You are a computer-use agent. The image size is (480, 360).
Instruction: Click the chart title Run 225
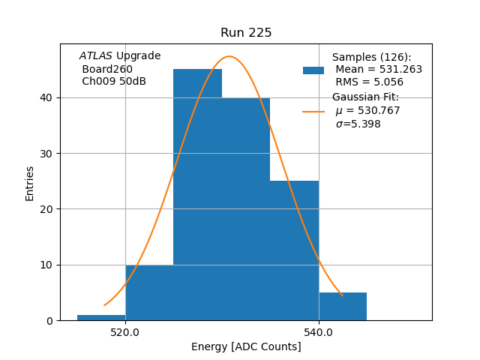point(246,33)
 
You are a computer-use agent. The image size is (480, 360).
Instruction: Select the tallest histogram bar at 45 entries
point(197,195)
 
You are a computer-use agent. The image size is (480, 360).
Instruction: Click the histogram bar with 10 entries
point(149,292)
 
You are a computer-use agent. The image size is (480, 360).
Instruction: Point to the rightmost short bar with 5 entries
point(343,307)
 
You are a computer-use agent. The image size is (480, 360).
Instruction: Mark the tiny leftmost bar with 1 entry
point(101,317)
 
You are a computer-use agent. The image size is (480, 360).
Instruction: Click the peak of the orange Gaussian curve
point(230,57)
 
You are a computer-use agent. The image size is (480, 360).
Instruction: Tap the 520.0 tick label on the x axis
point(125,332)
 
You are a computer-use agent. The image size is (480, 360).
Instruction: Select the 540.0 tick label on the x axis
point(319,332)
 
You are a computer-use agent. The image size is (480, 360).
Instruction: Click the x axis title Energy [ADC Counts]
point(246,346)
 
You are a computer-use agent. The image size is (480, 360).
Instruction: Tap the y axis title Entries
point(30,183)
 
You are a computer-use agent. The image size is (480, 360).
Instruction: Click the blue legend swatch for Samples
point(313,70)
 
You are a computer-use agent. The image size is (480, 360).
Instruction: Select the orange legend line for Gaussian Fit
point(313,112)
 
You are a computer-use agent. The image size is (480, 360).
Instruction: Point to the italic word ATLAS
point(95,56)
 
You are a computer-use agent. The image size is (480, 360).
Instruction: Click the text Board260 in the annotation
point(107,69)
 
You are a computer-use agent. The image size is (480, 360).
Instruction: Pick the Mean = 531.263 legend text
point(379,70)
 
